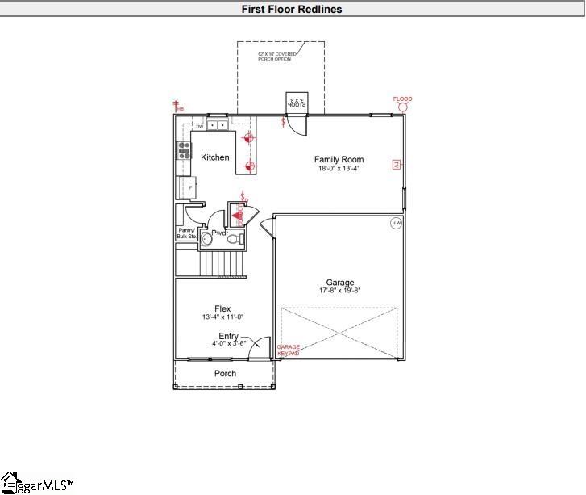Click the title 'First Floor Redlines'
pyautogui.click(x=293, y=10)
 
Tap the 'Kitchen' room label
pyautogui.click(x=215, y=157)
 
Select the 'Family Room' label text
pyautogui.click(x=339, y=160)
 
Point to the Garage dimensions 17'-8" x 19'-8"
pyautogui.click(x=339, y=291)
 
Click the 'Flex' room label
pyautogui.click(x=222, y=308)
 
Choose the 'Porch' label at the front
pyautogui.click(x=225, y=373)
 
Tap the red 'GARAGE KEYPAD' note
pyautogui.click(x=289, y=350)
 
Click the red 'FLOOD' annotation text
pyautogui.click(x=402, y=99)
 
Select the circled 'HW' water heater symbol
pyautogui.click(x=396, y=223)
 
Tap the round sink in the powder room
pyautogui.click(x=206, y=239)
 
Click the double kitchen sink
pyautogui.click(x=217, y=125)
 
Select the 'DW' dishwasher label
pyautogui.click(x=199, y=127)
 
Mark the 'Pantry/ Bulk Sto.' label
pyautogui.click(x=187, y=233)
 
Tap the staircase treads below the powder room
pyautogui.click(x=222, y=263)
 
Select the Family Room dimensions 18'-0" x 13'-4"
pyautogui.click(x=338, y=169)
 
